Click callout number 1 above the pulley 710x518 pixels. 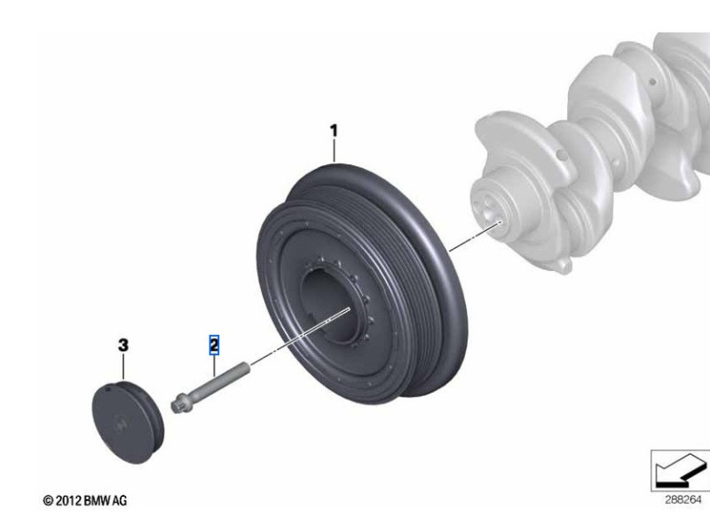tap(334, 131)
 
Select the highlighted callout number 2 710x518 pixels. tap(214, 345)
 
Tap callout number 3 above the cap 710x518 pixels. tap(123, 346)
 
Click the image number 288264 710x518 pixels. tap(682, 500)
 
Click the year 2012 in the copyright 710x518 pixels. tap(69, 500)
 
